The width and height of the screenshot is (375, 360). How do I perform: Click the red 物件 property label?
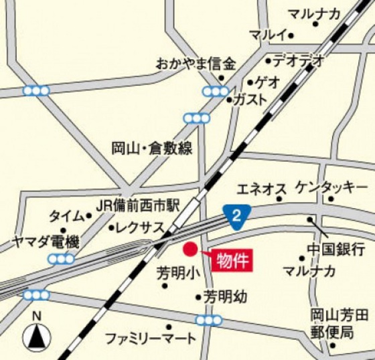233,260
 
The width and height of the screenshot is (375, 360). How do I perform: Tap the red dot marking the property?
190,250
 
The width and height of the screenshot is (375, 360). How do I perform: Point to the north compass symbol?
37,335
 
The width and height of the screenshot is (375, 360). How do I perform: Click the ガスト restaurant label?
250,99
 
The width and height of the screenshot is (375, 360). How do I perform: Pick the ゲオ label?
268,83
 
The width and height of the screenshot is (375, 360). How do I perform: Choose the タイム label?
66,216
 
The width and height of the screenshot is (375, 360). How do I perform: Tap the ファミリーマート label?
151,339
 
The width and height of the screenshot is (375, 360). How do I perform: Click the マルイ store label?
267,34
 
